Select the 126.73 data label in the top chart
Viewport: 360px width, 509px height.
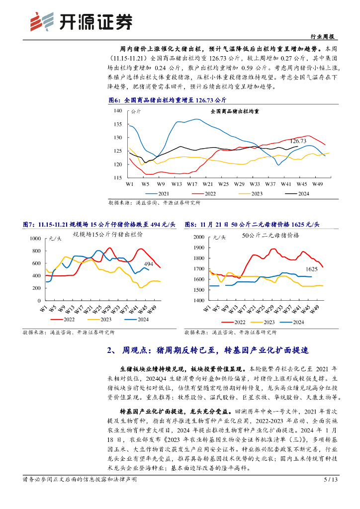(x=298, y=141)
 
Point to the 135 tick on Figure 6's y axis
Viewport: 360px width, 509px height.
(x=118, y=124)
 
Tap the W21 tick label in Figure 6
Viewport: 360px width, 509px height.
(x=208, y=184)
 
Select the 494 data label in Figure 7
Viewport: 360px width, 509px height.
(x=148, y=264)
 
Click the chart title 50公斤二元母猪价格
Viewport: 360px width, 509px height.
(x=270, y=236)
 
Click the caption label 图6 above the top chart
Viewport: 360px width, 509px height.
(x=115, y=100)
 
